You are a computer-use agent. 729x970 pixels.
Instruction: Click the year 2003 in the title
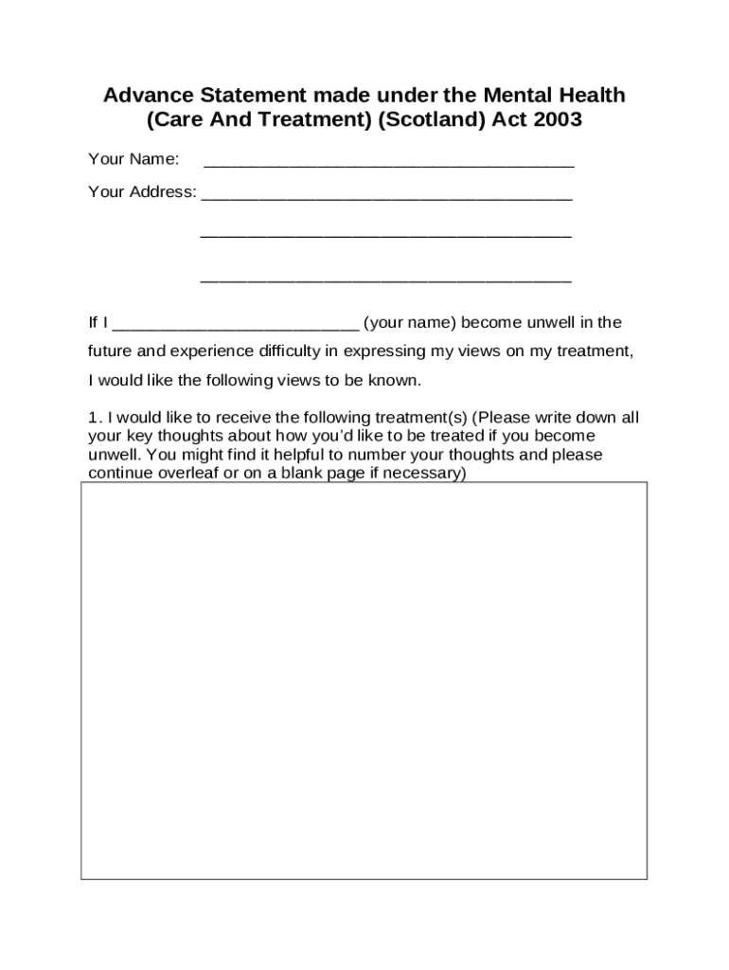[558, 121]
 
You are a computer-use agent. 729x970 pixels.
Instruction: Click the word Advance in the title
[142, 96]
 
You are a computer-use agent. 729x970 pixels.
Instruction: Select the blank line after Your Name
[388, 162]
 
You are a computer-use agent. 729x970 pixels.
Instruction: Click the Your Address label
[142, 192]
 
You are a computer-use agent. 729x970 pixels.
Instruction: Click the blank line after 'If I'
[235, 326]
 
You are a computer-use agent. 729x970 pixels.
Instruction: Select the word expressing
[385, 351]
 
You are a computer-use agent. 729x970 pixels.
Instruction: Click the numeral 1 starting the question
[93, 418]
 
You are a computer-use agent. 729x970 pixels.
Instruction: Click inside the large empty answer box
[364, 680]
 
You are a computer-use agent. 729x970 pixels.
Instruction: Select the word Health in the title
[592, 96]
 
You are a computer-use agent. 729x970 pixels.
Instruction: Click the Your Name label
[133, 158]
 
